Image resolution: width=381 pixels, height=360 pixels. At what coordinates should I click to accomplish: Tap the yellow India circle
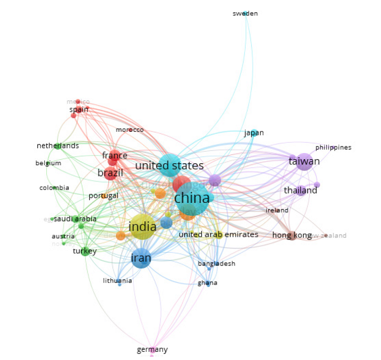pos(143,227)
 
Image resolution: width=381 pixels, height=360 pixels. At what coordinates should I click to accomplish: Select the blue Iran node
pos(141,259)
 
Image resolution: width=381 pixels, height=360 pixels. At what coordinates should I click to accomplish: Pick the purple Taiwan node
pos(304,161)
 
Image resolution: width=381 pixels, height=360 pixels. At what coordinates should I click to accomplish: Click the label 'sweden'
pos(245,13)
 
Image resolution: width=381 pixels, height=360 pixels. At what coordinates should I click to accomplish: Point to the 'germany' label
pos(152,349)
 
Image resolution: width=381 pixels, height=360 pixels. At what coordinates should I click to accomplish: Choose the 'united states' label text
pos(169,166)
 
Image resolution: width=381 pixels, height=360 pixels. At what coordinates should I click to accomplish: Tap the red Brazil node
pos(111,173)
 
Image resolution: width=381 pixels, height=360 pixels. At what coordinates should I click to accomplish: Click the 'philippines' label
pos(333,147)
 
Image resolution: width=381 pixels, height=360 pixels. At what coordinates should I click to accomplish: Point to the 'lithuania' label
pos(117,281)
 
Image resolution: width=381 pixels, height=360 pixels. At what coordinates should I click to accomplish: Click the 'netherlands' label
pos(58,146)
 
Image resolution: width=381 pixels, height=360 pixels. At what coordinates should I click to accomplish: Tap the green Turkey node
pos(85,251)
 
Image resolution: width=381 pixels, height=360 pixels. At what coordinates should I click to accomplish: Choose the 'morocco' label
pos(130,130)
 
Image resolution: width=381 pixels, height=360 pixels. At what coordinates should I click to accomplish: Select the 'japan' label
pos(254,133)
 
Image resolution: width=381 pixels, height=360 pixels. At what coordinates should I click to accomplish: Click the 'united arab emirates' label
pos(218,234)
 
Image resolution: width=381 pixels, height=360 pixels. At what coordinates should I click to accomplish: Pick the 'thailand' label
pos(300,191)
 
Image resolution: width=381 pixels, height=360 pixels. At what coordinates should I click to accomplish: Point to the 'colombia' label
pos(54,188)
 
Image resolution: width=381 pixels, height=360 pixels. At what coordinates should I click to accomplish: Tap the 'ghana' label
pos(208,283)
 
